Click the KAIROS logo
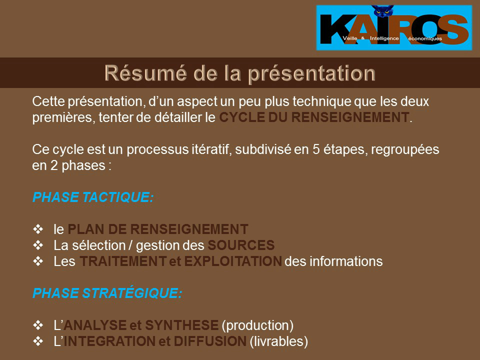(x=394, y=27)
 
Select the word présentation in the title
(x=311, y=74)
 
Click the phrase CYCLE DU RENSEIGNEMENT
(x=314, y=117)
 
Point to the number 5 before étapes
(x=316, y=149)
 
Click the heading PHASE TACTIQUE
(x=93, y=197)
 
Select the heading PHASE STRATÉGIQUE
(x=107, y=292)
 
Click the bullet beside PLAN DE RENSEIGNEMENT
(x=38, y=229)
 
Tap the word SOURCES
(x=241, y=245)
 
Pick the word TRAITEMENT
(x=123, y=261)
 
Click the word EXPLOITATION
(x=233, y=261)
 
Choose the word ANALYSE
(x=95, y=325)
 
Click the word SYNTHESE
(x=182, y=325)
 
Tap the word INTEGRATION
(x=109, y=341)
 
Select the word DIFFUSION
(x=210, y=341)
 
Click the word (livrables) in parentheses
(x=279, y=341)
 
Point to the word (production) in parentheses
(x=257, y=325)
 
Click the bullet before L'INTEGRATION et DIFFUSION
(x=38, y=341)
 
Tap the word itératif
(x=211, y=149)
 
